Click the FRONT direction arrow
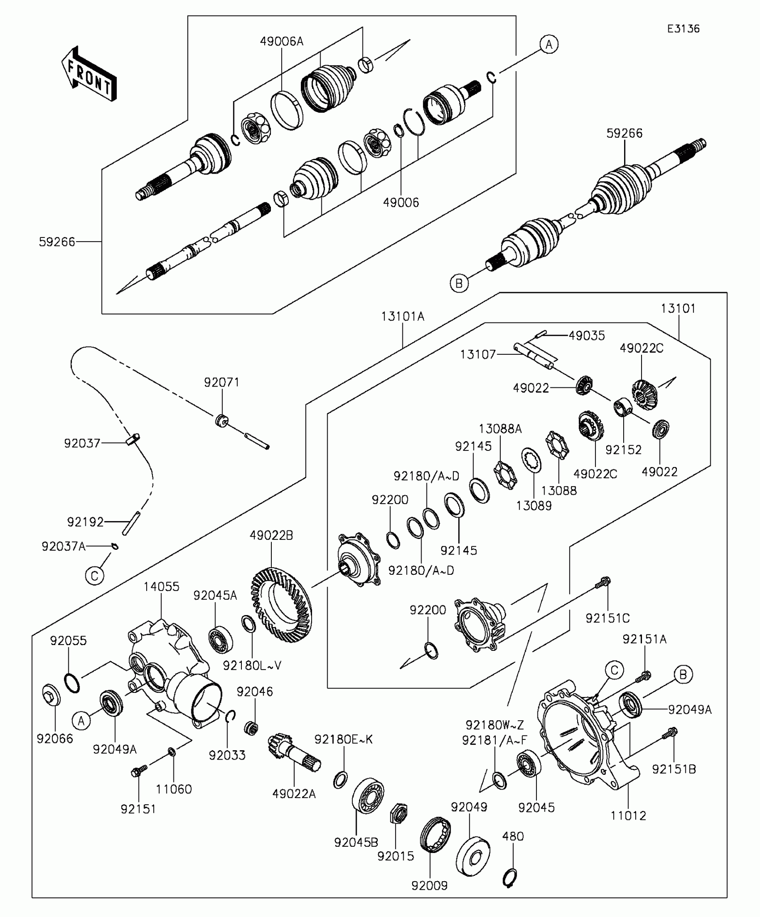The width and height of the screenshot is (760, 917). pyautogui.click(x=89, y=74)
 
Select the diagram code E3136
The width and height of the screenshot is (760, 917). pyautogui.click(x=683, y=29)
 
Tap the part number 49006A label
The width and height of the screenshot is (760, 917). pyautogui.click(x=282, y=42)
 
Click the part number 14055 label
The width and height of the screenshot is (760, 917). pyautogui.click(x=161, y=586)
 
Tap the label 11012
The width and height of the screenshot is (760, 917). pyautogui.click(x=629, y=815)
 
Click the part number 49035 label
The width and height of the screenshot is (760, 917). pyautogui.click(x=587, y=335)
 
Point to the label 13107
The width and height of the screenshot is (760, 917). pyautogui.click(x=478, y=355)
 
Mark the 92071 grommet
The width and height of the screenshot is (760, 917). pyautogui.click(x=222, y=420)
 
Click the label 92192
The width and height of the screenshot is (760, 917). pyautogui.click(x=85, y=522)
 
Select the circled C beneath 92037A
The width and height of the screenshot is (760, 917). pyautogui.click(x=94, y=576)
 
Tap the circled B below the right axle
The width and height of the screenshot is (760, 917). pyautogui.click(x=459, y=283)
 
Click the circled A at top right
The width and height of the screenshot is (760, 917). pyautogui.click(x=549, y=44)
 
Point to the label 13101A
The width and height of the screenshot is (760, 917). pyautogui.click(x=403, y=317)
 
